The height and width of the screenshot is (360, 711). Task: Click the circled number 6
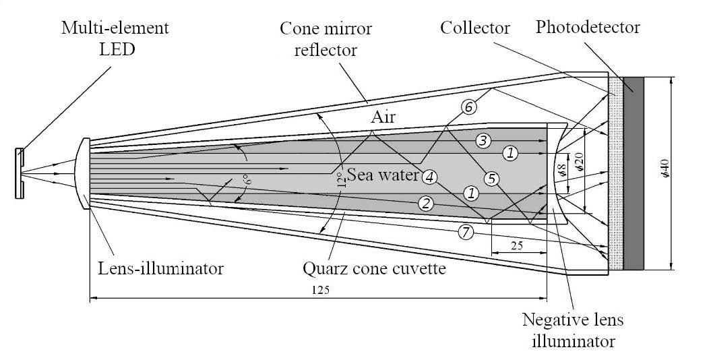point(470,107)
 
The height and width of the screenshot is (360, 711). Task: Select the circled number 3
point(482,141)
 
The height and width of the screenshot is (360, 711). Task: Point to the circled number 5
point(492,179)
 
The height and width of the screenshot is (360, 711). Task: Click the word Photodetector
point(587,28)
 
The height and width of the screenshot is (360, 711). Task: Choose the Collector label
point(475,28)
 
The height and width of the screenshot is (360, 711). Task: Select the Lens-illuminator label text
point(157,269)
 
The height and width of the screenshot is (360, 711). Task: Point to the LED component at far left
point(20,173)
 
